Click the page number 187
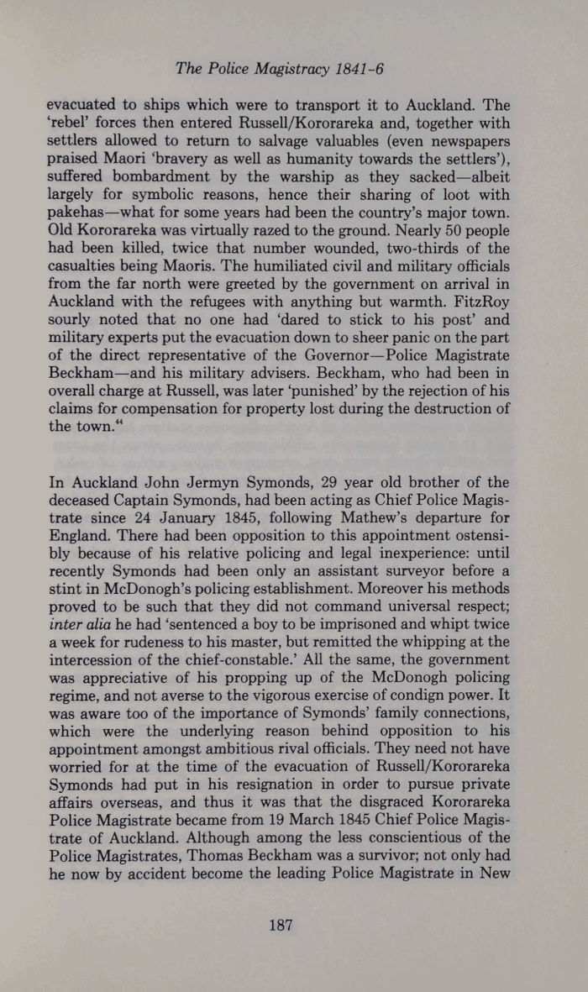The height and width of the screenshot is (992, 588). click(x=279, y=926)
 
